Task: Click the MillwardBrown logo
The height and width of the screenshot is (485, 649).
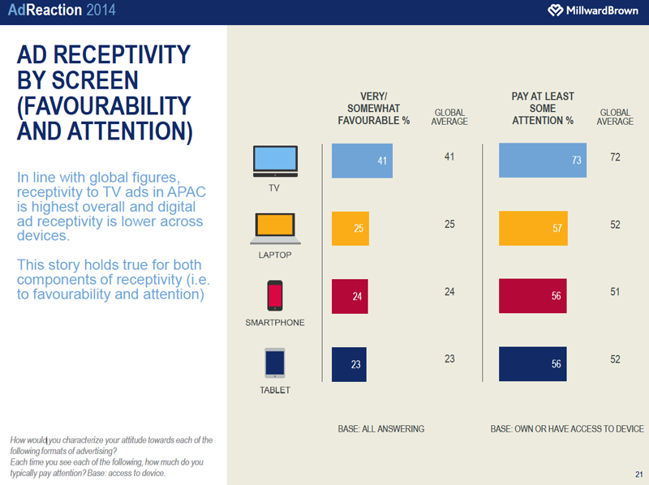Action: click(588, 11)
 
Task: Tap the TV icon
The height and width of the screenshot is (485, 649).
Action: click(275, 161)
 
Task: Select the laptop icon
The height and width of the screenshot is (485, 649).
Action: click(275, 228)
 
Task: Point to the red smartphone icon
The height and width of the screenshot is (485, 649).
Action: click(275, 295)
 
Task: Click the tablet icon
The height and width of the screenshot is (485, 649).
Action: click(275, 363)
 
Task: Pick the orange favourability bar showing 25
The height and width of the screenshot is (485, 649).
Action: click(350, 229)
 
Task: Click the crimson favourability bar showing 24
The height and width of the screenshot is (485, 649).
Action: click(349, 296)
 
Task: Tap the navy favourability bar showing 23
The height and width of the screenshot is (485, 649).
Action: click(348, 364)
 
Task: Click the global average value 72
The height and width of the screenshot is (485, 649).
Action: click(615, 157)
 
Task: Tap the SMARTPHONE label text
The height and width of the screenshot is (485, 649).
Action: click(275, 323)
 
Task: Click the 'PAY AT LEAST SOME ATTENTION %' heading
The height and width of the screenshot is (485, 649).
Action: click(542, 108)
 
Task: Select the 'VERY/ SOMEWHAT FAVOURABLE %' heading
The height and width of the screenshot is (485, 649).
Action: click(374, 108)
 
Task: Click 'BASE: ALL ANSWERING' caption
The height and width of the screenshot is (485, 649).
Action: click(381, 428)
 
